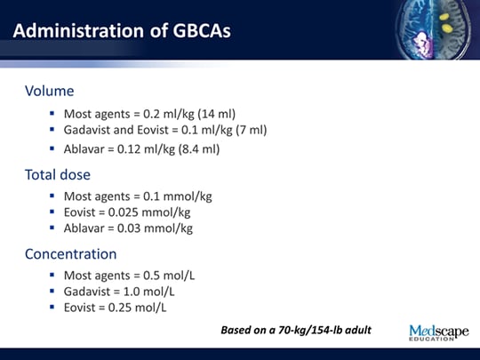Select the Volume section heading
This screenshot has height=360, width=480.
[x=49, y=91]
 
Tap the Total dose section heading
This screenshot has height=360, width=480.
[x=58, y=174]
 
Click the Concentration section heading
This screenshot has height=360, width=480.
[x=70, y=253]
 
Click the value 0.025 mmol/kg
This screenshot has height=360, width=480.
[x=158, y=212]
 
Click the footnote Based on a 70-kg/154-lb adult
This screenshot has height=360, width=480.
[x=295, y=331]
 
